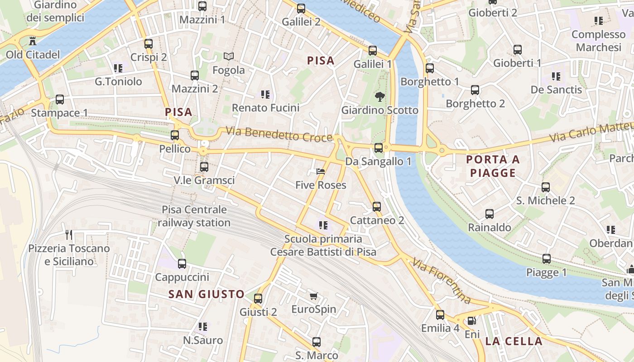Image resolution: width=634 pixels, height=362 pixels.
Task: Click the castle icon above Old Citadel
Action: pyautogui.click(x=32, y=41)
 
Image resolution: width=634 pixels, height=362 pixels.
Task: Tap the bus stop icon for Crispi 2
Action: pyautogui.click(x=149, y=44)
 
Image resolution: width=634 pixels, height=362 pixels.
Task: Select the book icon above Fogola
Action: pyautogui.click(x=229, y=57)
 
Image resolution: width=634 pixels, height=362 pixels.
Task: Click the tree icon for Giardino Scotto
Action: pyautogui.click(x=379, y=96)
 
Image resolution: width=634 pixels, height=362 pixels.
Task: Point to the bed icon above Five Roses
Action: pyautogui.click(x=321, y=171)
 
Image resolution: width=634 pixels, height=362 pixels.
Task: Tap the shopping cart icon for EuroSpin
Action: pyautogui.click(x=313, y=296)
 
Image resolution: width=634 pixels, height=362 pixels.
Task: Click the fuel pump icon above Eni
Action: pyautogui.click(x=471, y=321)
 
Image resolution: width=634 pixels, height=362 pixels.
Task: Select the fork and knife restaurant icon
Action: pyautogui.click(x=69, y=234)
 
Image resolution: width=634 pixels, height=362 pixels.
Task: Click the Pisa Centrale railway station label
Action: pyautogui.click(x=194, y=216)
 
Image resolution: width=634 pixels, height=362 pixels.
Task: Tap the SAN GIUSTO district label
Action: pyautogui.click(x=207, y=294)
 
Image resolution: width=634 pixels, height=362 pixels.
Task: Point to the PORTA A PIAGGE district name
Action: pyautogui.click(x=493, y=166)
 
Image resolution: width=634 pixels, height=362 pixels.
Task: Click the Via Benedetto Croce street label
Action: pyautogui.click(x=279, y=134)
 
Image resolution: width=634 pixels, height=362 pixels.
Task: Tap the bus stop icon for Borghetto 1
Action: pyautogui.click(x=430, y=68)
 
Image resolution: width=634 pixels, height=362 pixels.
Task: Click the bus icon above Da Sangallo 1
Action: pyautogui.click(x=379, y=148)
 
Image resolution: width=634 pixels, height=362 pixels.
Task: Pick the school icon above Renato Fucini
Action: pyautogui.click(x=265, y=95)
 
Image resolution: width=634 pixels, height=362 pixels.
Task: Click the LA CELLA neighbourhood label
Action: pyautogui.click(x=514, y=341)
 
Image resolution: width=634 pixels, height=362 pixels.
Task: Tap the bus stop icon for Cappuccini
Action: pyautogui.click(x=182, y=263)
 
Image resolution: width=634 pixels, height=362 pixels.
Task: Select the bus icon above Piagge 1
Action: pyautogui.click(x=547, y=259)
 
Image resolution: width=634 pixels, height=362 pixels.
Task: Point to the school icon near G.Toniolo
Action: pyautogui.click(x=118, y=68)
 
